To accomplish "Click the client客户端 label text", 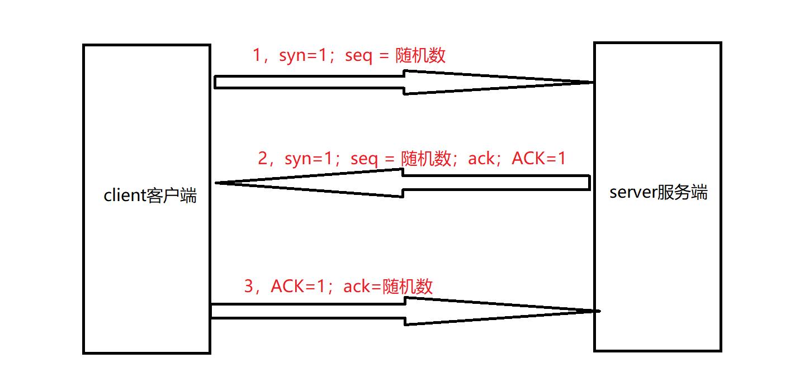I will [150, 196].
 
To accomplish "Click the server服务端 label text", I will [658, 192].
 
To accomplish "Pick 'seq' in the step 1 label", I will [358, 56].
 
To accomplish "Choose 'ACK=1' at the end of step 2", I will [539, 159].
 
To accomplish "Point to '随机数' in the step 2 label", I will [426, 159].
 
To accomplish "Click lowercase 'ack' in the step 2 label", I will [481, 159].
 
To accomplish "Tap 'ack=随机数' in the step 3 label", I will [388, 287].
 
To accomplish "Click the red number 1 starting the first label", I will [257, 56].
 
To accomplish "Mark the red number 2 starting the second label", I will [263, 159].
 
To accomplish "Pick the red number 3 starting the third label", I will [249, 287].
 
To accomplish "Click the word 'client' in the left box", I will [125, 196].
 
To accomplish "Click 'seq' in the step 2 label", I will [364, 159].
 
